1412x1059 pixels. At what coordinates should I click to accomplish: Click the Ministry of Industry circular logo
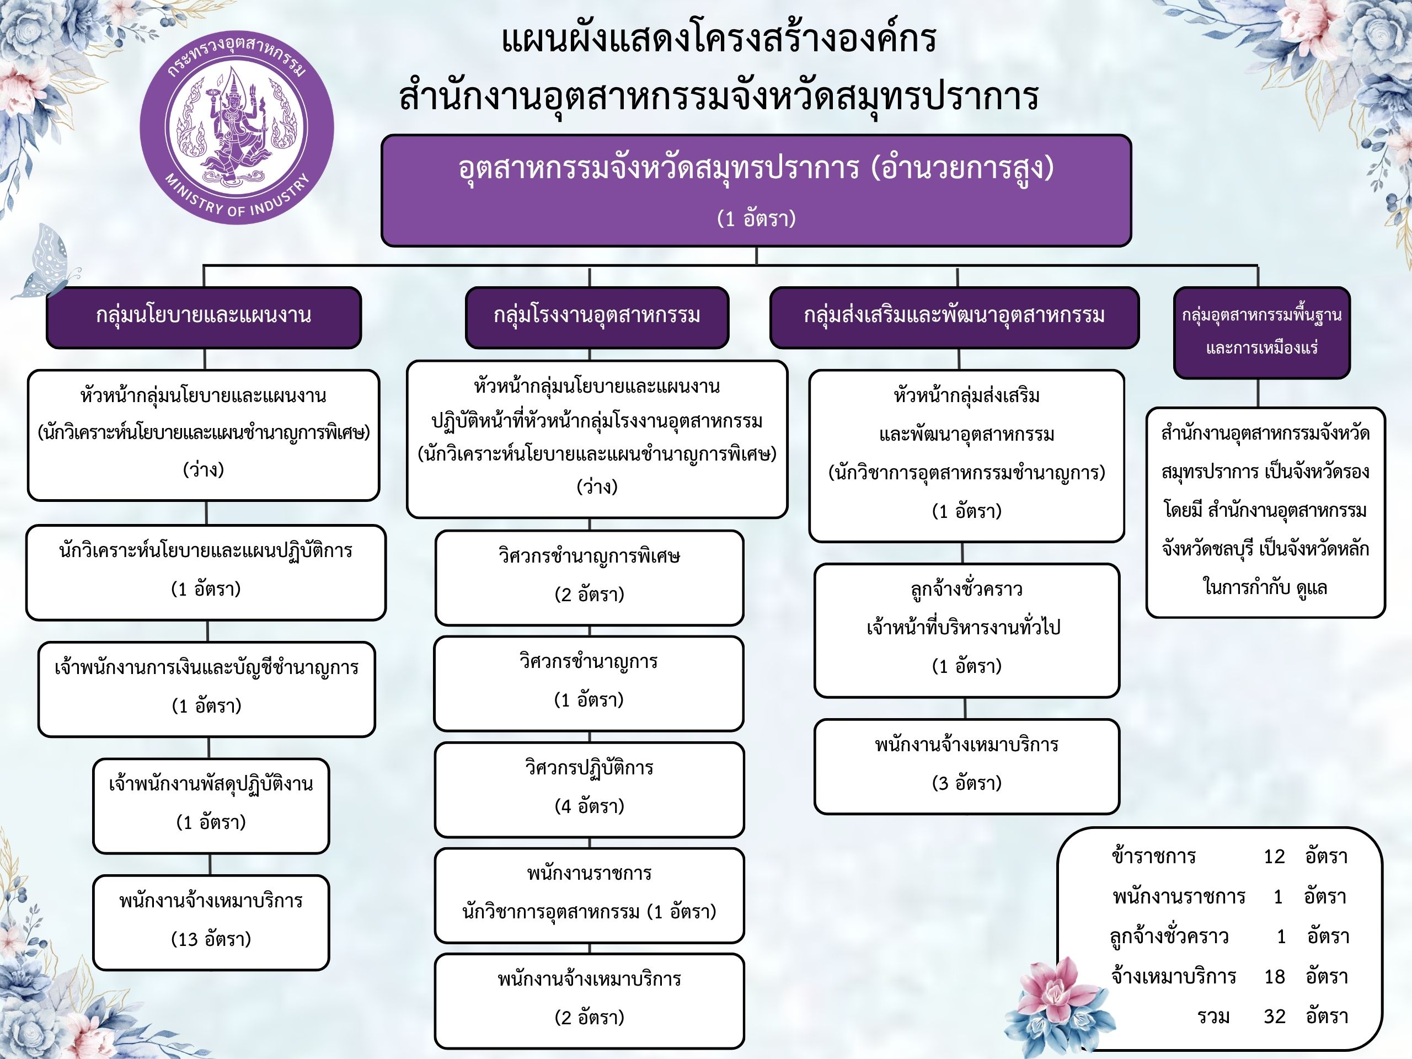coord(237,127)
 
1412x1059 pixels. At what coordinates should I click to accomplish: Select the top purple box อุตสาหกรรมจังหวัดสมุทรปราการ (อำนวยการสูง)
coord(756,190)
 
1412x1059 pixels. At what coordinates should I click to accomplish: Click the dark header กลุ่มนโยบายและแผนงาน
coord(204,317)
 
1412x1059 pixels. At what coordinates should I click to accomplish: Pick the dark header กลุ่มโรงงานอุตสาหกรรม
coord(597,317)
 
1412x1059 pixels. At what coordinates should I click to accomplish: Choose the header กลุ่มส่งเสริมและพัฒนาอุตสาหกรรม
coord(954,317)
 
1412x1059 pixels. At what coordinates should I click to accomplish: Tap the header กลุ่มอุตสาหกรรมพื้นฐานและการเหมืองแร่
coord(1261,332)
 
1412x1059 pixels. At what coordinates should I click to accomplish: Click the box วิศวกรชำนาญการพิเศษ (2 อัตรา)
coord(589,577)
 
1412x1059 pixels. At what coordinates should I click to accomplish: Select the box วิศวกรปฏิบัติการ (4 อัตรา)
coord(589,789)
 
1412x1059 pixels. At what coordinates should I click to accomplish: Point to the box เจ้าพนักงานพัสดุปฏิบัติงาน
coord(211,806)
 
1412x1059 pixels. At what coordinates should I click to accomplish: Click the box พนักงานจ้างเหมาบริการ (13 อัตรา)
coord(211,922)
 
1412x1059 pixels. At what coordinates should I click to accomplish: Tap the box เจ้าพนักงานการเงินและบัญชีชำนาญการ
coord(206,689)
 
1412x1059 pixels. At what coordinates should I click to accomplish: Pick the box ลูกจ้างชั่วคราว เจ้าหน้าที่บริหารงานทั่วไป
coord(966,630)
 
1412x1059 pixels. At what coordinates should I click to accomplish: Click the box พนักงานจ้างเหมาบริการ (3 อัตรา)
coord(966,766)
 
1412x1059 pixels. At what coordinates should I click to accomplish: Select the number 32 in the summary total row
coord(1274,1016)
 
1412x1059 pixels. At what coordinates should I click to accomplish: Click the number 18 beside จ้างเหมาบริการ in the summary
coord(1274,976)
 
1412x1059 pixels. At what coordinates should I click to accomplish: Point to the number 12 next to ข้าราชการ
coord(1274,856)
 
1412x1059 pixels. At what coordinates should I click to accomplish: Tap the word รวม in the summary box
coord(1213,1016)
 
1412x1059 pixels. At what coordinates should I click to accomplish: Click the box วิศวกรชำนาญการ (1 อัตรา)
coord(589,683)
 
